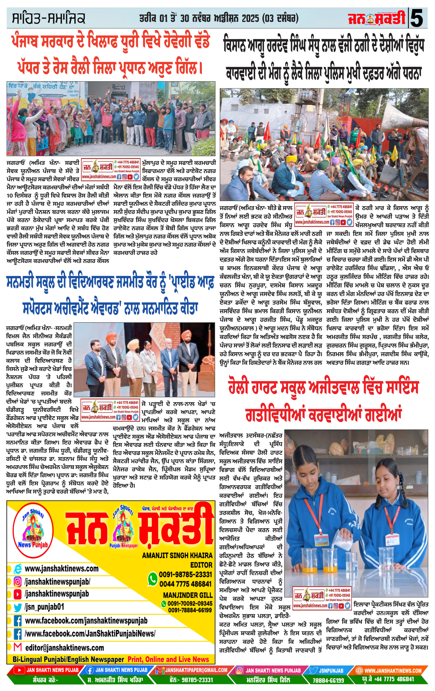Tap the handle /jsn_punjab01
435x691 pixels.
[44, 607]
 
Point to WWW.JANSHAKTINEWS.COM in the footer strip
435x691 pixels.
[393, 670]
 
